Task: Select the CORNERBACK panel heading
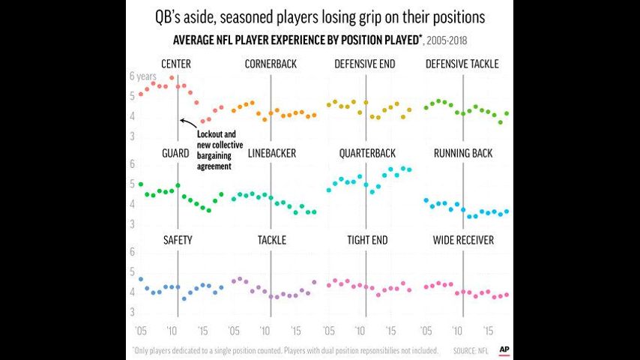(x=270, y=64)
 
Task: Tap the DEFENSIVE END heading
(x=365, y=64)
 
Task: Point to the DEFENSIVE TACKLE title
(x=462, y=64)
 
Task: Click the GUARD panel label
(x=175, y=153)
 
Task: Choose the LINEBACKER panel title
(x=271, y=153)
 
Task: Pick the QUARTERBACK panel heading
(x=366, y=153)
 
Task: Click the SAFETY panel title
(x=178, y=240)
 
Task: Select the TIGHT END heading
(x=367, y=240)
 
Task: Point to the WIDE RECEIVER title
(x=463, y=240)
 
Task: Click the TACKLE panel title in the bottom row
(x=271, y=240)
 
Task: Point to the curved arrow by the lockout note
(x=189, y=126)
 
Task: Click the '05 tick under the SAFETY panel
(x=140, y=330)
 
